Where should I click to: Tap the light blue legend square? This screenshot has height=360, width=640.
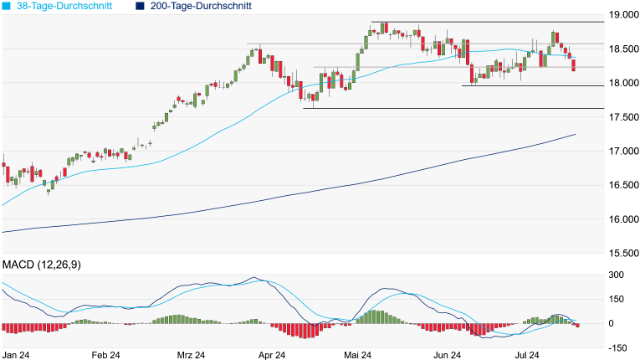(x=7, y=6)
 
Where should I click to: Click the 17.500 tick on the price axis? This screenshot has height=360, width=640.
(x=622, y=117)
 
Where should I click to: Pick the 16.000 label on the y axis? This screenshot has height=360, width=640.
(x=622, y=219)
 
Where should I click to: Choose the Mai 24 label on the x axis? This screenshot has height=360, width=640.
(x=357, y=355)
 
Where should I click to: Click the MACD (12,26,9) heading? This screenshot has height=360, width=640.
(x=48, y=265)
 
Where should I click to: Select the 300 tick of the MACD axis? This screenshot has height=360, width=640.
(x=617, y=275)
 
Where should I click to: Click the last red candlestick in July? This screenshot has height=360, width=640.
(x=574, y=65)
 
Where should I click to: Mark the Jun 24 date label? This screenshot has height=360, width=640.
(x=443, y=355)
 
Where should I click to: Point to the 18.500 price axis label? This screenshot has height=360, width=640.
(x=622, y=50)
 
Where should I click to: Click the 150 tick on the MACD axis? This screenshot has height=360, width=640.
(x=617, y=299)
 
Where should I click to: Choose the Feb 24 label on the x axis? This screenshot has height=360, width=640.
(x=105, y=355)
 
